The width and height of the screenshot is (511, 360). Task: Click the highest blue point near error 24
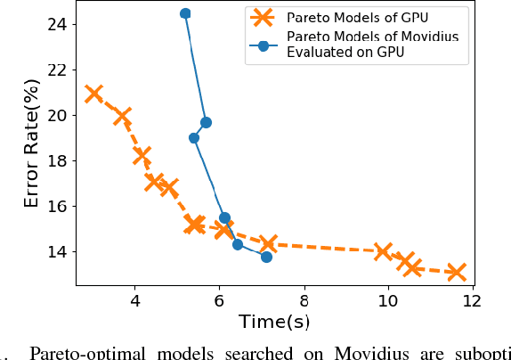[185, 13]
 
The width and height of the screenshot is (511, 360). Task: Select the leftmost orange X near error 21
[93, 94]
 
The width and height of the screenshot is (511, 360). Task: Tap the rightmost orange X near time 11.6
[456, 272]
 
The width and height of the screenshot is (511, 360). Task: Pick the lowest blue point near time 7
[266, 257]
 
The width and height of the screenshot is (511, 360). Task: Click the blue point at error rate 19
[194, 138]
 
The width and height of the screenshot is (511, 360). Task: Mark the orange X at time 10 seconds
[384, 251]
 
